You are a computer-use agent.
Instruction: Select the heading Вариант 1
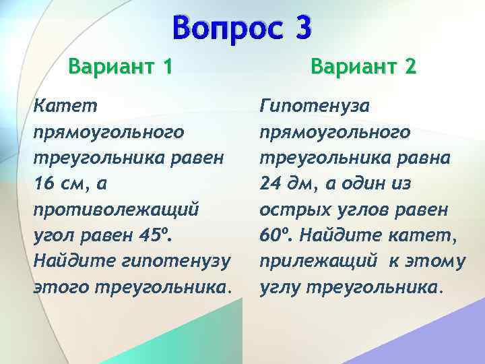pyautogui.click(x=120, y=67)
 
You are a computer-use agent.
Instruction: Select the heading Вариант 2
pyautogui.click(x=363, y=67)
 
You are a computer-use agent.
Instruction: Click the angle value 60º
pyautogui.click(x=274, y=235)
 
